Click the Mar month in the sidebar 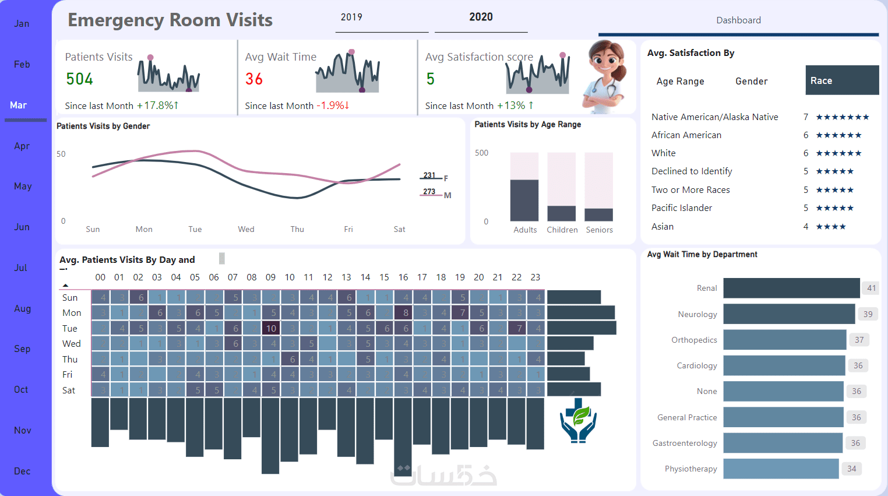19,105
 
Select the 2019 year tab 351,17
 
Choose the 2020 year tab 481,17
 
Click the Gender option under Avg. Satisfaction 751,82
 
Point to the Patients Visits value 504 80,79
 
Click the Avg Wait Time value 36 254,79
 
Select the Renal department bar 791,288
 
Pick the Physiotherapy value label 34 852,469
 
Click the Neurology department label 697,314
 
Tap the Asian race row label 663,227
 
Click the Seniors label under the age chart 599,230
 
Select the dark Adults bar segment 524,200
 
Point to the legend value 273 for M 429,192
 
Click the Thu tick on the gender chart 297,230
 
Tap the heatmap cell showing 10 271,329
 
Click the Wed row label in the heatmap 72,344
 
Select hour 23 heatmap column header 535,277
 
